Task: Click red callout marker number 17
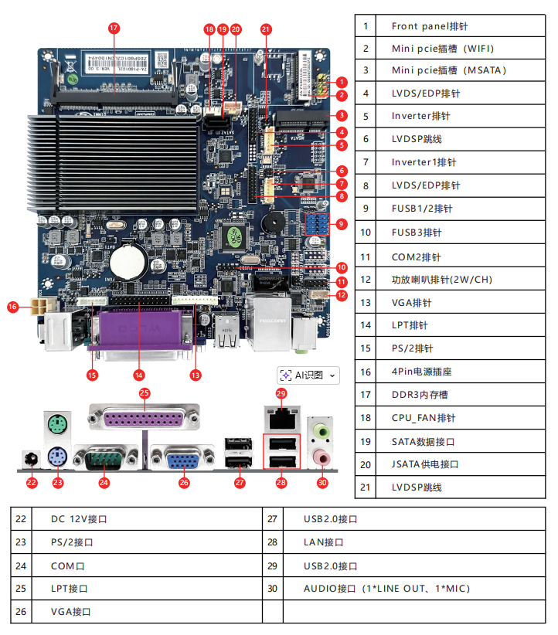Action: click(114, 28)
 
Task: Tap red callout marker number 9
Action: click(342, 224)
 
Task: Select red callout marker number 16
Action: click(12, 307)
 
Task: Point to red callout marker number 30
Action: click(322, 482)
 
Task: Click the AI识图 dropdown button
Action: click(308, 375)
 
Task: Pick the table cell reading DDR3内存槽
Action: click(461, 395)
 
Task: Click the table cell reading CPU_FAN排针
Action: click(461, 418)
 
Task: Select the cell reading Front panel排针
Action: click(461, 26)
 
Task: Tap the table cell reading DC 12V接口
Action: click(147, 519)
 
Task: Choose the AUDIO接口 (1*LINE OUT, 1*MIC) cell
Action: click(414, 589)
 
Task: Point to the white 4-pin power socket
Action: click(39, 307)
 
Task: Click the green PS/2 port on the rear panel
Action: click(57, 425)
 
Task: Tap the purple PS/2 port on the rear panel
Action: click(57, 457)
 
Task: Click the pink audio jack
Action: click(322, 457)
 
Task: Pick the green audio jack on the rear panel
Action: click(322, 432)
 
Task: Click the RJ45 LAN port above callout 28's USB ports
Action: click(282, 419)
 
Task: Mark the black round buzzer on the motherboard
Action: click(273, 222)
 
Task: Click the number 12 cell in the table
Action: click(366, 279)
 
